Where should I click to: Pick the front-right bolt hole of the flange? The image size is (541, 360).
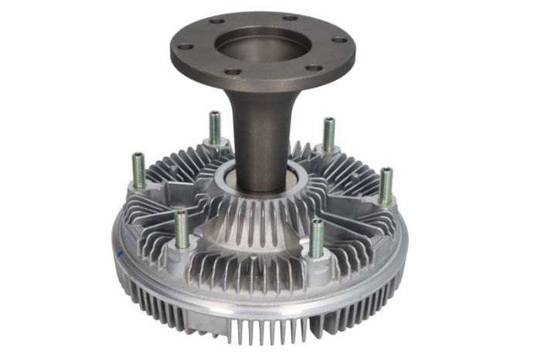313,68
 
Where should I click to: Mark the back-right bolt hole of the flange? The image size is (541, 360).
290,17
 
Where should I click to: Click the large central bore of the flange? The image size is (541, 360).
261,44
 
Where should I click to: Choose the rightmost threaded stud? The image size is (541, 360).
385,185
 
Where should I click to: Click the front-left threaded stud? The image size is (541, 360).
182,229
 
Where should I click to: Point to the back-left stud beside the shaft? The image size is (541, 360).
215,128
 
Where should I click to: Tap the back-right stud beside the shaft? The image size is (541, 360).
328,134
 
